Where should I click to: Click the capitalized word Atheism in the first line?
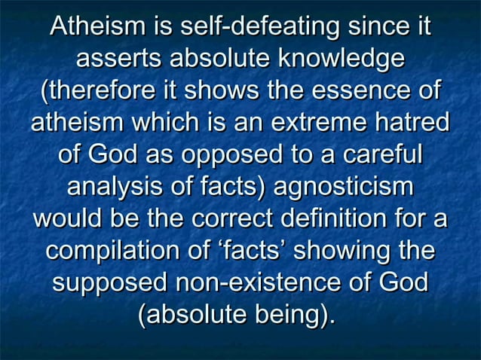coord(99,28)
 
